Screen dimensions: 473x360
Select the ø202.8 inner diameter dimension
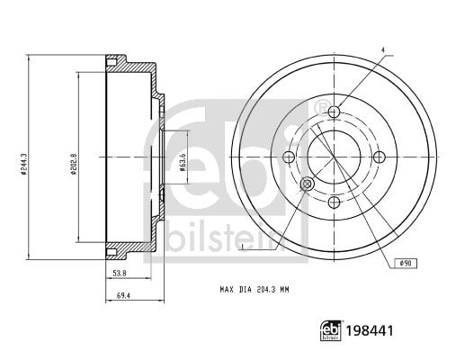click(x=73, y=165)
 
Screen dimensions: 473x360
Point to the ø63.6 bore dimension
click(x=183, y=162)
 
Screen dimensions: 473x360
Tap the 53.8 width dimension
click(x=120, y=274)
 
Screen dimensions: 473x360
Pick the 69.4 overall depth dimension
click(x=123, y=296)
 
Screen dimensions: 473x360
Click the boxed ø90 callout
click(x=406, y=264)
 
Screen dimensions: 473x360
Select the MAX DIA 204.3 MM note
click(x=254, y=290)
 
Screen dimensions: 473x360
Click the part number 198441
click(x=370, y=330)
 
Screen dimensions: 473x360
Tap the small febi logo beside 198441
click(x=331, y=330)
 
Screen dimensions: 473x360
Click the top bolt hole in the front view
click(x=334, y=112)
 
